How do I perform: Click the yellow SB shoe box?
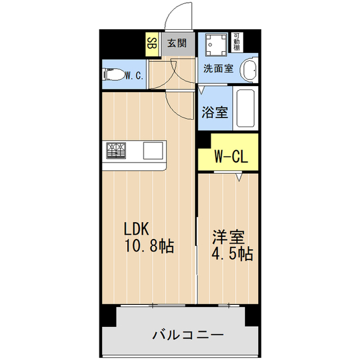click(151, 43)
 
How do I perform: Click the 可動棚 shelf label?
click(238, 43)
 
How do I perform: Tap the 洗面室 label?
click(218, 69)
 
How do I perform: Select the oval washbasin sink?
click(248, 71)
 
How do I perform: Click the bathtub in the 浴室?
click(246, 109)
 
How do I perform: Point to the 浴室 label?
click(215, 111)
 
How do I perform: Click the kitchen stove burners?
click(116, 150)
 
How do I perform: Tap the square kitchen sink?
click(152, 151)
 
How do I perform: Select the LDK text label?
click(136, 229)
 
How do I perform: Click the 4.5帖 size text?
click(232, 254)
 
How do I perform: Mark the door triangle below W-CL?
click(240, 177)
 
